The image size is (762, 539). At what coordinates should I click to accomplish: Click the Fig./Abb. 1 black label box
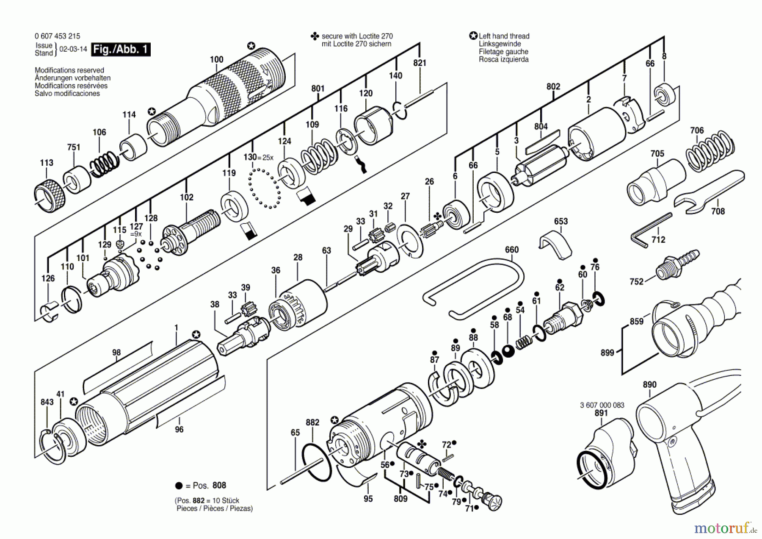pyautogui.click(x=121, y=50)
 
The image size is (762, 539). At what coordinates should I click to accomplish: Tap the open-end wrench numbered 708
pyautogui.click(x=709, y=191)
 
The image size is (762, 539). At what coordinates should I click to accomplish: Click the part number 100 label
pyautogui.click(x=217, y=59)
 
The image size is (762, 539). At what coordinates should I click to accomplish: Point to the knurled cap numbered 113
pyautogui.click(x=50, y=196)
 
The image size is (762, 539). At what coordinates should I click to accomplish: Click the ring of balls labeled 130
pyautogui.click(x=265, y=188)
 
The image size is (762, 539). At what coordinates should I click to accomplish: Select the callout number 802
pyautogui.click(x=553, y=86)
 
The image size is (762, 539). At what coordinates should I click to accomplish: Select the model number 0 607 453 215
pyautogui.click(x=57, y=36)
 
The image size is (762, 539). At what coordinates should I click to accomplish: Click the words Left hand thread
pyautogui.click(x=504, y=36)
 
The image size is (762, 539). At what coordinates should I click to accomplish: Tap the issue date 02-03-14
pyautogui.click(x=73, y=49)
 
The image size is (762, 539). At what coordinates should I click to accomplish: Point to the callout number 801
pyautogui.click(x=318, y=89)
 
